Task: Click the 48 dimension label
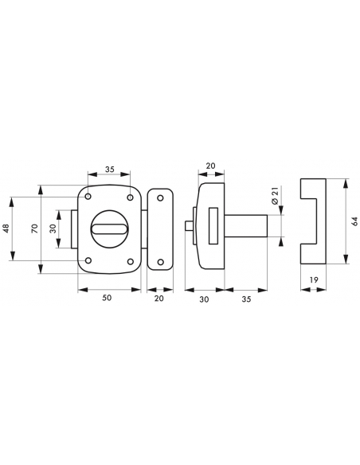click(6, 229)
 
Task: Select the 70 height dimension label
click(35, 229)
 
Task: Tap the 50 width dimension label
click(107, 298)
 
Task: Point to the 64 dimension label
click(354, 221)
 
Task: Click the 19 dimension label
click(314, 279)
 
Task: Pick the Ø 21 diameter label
click(275, 196)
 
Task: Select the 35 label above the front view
click(109, 170)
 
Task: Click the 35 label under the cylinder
click(246, 299)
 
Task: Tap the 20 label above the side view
click(210, 166)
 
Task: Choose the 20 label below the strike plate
click(159, 298)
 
